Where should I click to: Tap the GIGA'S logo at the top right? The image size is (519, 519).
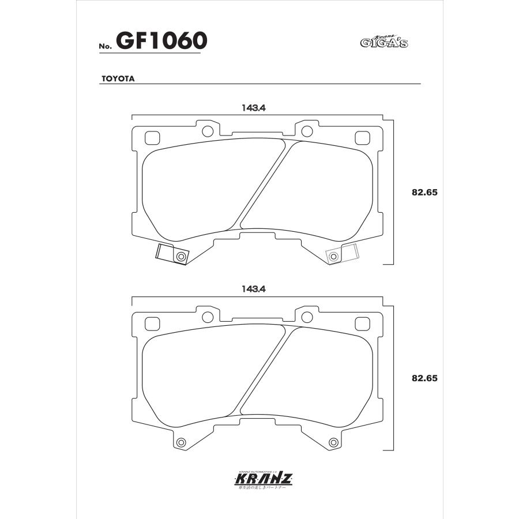point(383,41)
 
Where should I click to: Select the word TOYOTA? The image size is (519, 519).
point(118,79)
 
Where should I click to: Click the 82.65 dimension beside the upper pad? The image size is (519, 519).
point(426,193)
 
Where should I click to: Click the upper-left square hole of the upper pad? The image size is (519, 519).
point(152,138)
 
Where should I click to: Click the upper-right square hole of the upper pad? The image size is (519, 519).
point(362,138)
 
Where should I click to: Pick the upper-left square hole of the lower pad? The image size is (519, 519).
point(152,323)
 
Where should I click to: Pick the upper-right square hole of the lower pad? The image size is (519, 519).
point(362,323)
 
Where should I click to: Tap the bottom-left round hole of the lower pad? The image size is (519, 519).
point(181,442)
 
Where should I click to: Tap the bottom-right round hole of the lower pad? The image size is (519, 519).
point(333,442)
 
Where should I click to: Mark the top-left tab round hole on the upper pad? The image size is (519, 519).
point(207,130)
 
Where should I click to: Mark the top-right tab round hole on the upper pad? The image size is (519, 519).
point(307,130)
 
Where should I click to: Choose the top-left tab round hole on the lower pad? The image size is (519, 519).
point(207,315)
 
